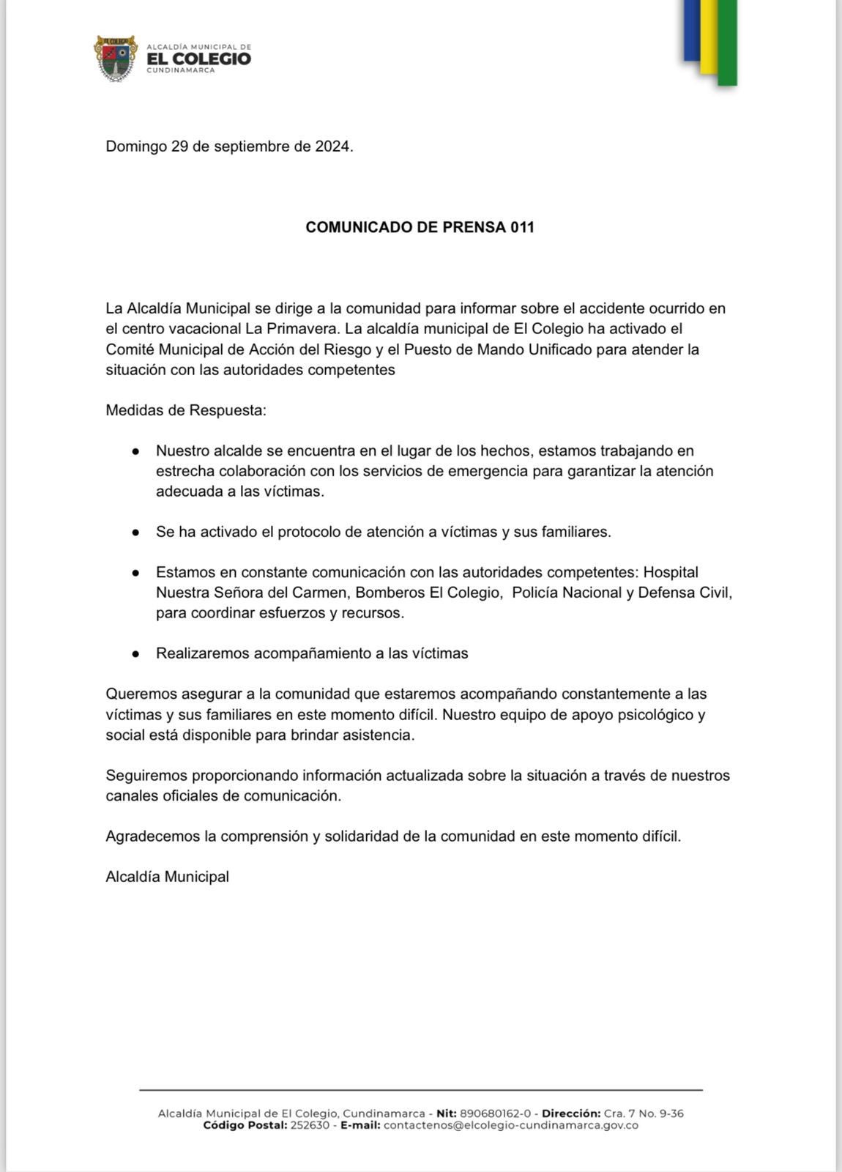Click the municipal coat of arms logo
click(115, 58)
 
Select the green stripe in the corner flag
click(726, 42)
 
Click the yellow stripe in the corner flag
click(708, 37)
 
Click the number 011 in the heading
click(523, 227)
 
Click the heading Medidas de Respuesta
click(186, 410)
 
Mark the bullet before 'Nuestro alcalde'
click(135, 451)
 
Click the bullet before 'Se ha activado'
click(135, 533)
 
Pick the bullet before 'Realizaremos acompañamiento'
click(135, 654)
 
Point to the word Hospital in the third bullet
click(671, 572)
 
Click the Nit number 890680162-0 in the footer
click(495, 1113)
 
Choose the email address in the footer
click(511, 1125)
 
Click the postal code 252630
click(310, 1125)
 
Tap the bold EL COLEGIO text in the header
click(199, 59)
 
